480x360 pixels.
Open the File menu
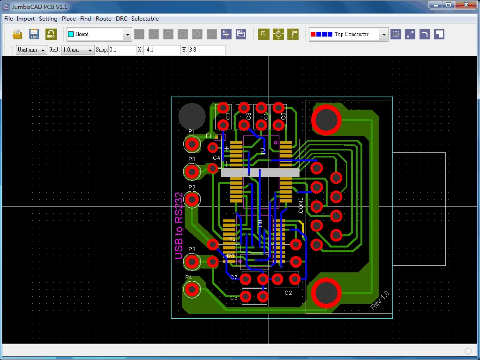click(8, 19)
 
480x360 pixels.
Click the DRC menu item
click(121, 19)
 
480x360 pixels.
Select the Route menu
click(103, 19)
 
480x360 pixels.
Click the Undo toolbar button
click(51, 34)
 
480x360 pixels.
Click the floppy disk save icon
click(34, 34)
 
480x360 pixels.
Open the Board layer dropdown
click(127, 34)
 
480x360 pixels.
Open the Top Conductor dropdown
click(384, 34)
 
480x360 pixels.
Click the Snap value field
click(122, 50)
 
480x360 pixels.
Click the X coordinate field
click(162, 50)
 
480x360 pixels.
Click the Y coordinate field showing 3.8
click(206, 50)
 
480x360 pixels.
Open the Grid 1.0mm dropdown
click(90, 50)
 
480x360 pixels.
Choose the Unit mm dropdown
click(43, 50)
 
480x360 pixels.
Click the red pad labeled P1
click(192, 144)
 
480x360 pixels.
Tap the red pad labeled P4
click(191, 290)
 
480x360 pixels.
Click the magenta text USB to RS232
click(179, 225)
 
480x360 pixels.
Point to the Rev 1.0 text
click(380, 300)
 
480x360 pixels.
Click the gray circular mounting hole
click(192, 116)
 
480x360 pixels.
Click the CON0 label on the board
click(301, 205)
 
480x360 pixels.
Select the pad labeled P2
click(192, 200)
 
